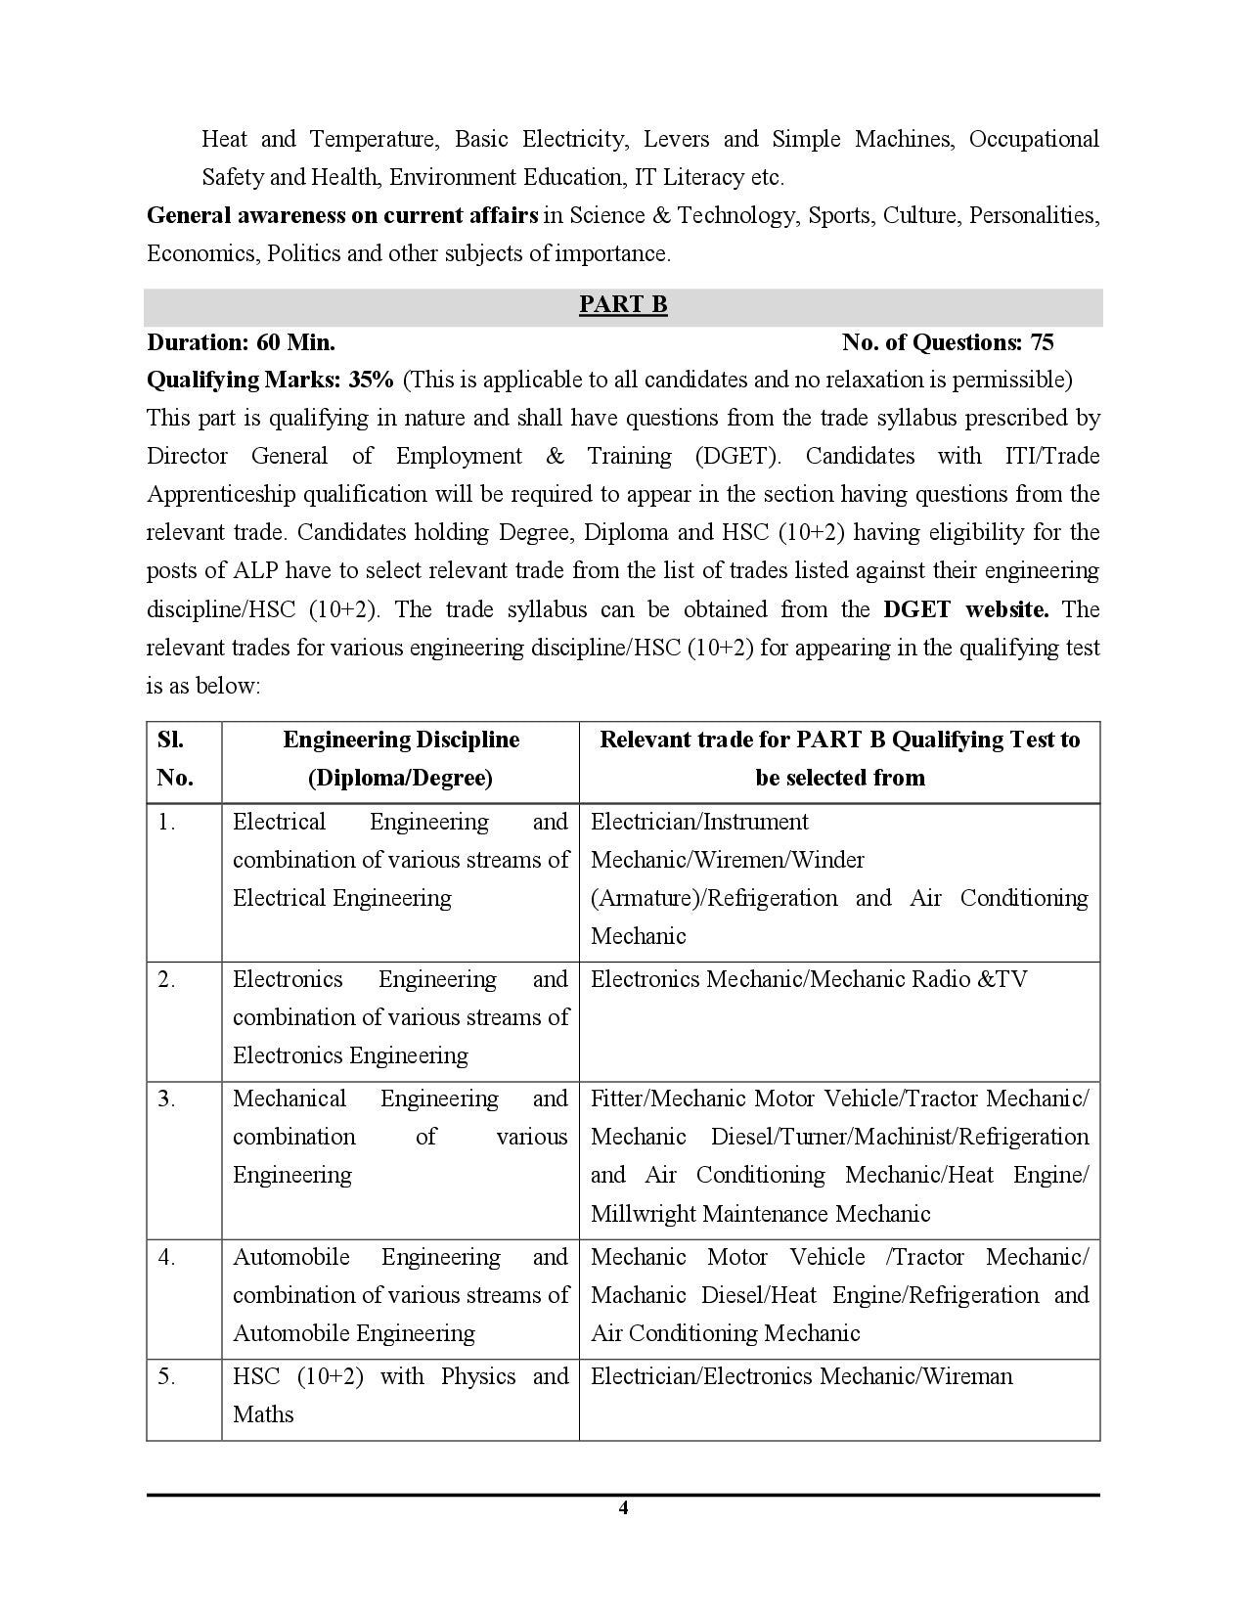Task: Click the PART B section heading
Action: [x=623, y=305]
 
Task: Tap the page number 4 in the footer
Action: [x=623, y=1508]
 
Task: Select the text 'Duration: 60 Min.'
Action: [x=241, y=342]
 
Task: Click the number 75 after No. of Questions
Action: [x=1042, y=342]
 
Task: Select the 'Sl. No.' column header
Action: [x=175, y=759]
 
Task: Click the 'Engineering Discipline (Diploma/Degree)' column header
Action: [x=401, y=759]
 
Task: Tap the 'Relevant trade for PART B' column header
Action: [x=839, y=759]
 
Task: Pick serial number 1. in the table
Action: [x=167, y=823]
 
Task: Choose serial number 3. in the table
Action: [x=167, y=1099]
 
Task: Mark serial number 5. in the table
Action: [x=167, y=1377]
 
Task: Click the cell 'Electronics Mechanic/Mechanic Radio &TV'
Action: [x=809, y=980]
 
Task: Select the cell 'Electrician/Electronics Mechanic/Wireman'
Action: [x=802, y=1377]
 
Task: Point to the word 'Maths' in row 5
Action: [x=263, y=1414]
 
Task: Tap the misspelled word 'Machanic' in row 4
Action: [x=639, y=1296]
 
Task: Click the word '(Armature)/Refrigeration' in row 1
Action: [x=714, y=899]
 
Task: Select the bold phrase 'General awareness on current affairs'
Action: [x=342, y=215]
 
